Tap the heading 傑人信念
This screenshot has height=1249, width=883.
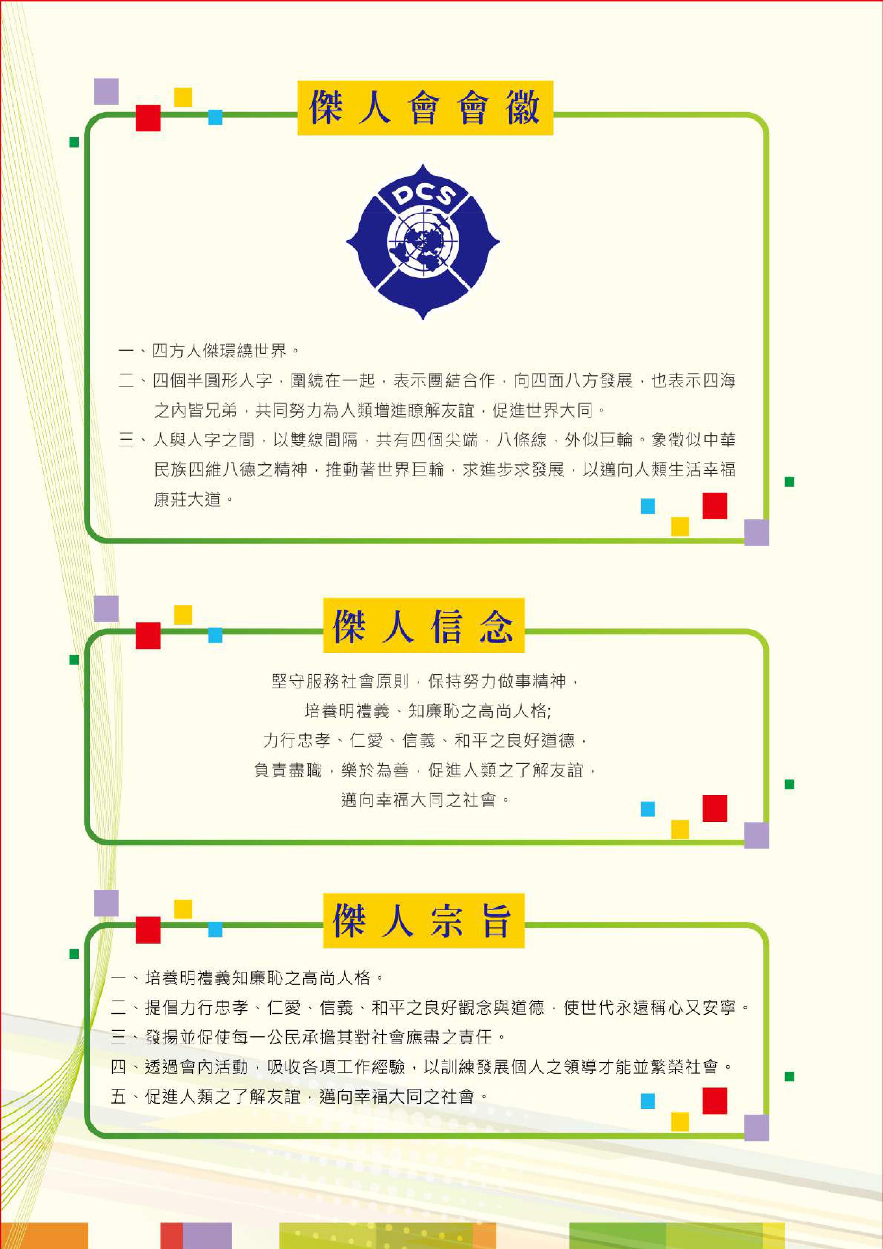pos(423,626)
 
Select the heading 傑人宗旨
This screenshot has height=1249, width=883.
pos(423,920)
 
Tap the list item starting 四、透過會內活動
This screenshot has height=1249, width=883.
pos(422,1067)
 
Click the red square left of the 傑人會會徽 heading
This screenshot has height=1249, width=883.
pos(148,118)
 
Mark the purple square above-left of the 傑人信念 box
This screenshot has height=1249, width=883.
pos(106,609)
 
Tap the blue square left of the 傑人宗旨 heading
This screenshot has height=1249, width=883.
pos(215,929)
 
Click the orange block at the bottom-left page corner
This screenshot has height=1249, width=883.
pos(44,1236)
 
